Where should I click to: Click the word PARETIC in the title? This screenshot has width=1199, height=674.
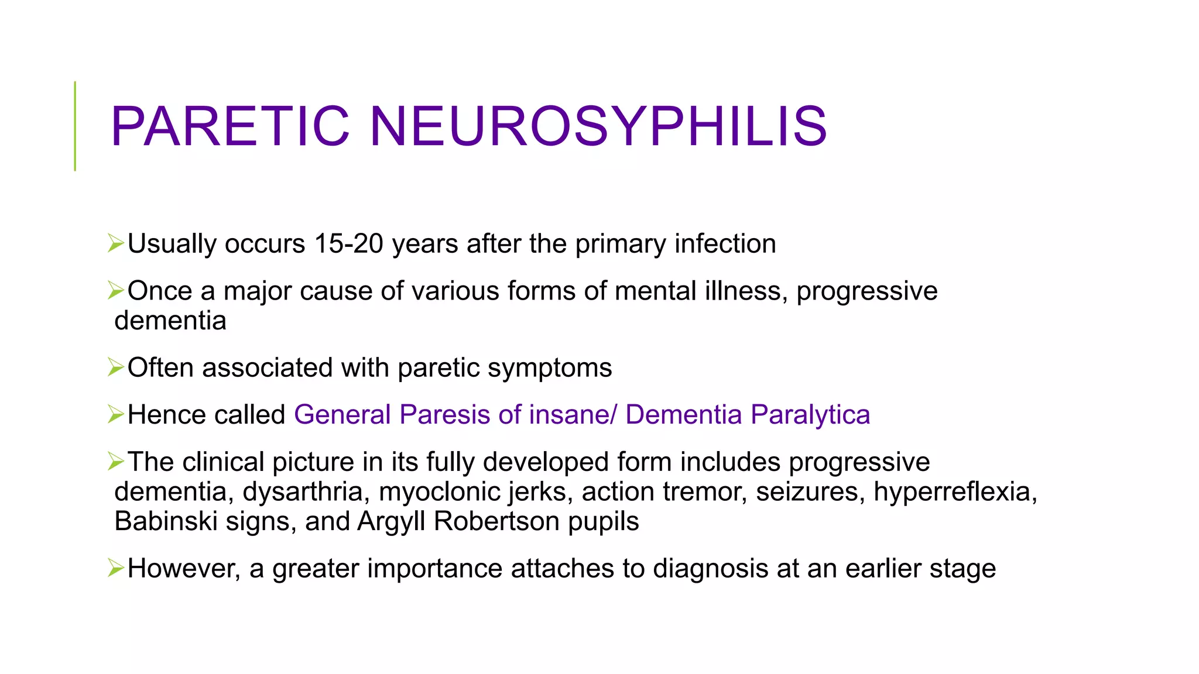tap(230, 126)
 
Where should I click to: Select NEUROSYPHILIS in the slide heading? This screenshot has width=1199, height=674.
tap(598, 126)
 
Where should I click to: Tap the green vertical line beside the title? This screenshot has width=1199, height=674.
tap(75, 126)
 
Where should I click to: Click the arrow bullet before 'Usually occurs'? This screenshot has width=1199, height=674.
tap(116, 243)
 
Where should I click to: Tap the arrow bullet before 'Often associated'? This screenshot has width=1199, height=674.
tap(116, 367)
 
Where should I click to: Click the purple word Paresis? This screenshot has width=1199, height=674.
tap(444, 415)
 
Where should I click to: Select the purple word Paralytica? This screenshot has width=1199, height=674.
tap(810, 415)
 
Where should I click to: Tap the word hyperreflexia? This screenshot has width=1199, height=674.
tap(955, 492)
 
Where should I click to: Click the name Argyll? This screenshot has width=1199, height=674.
tap(391, 522)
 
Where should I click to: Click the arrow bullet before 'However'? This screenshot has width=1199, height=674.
tap(116, 568)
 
